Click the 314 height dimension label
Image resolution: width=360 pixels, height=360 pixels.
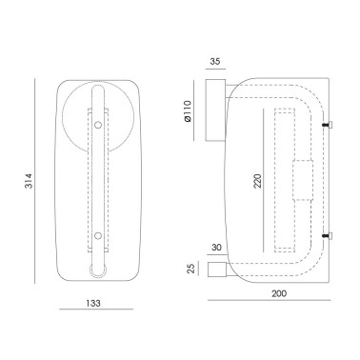30,181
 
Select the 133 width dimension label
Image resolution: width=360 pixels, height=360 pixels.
93,303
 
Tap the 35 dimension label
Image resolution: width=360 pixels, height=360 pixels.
215,61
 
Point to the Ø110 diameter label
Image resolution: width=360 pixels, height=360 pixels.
188,111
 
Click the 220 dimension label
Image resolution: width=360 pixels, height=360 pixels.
258,181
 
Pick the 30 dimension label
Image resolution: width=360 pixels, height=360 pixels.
216,247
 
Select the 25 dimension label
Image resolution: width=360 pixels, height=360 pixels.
190,269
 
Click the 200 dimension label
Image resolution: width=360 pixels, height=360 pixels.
279,293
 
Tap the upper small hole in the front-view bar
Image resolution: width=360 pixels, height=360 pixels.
98,125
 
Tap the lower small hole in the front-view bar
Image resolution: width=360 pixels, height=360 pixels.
98,236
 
